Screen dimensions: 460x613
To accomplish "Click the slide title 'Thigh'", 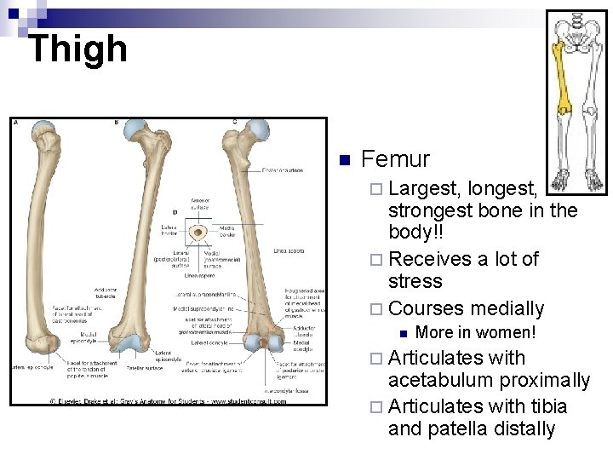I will pos(77,49).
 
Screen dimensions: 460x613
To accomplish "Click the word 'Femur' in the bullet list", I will pos(396,159).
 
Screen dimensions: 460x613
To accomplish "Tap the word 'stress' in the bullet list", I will pos(415,281).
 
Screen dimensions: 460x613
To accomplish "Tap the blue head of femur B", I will pos(135,129).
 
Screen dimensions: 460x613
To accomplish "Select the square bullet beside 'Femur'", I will pos(344,161).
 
